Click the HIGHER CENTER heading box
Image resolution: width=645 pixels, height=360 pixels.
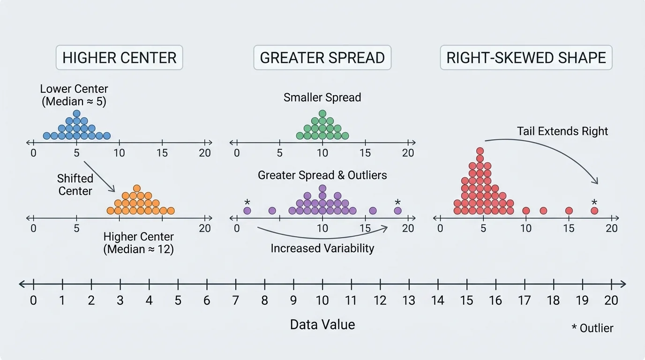point(120,58)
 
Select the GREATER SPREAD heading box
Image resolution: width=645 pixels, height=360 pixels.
point(322,58)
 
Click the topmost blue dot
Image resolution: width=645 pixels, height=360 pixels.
point(76,113)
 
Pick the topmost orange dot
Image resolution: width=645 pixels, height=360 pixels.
point(136,188)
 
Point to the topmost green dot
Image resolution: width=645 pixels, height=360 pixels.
point(322,113)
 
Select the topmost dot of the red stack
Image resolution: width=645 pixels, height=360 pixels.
point(480,151)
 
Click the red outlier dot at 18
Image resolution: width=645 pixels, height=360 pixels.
point(594,211)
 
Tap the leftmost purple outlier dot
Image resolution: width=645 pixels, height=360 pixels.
point(247,211)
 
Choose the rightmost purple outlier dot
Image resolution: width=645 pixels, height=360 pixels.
point(397,211)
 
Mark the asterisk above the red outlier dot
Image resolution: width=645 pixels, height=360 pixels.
point(594,202)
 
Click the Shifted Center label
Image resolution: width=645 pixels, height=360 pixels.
point(75,185)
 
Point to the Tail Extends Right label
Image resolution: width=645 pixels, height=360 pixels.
point(562,131)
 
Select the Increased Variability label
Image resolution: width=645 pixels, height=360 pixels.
point(322,248)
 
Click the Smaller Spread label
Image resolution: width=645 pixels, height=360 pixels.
point(322,97)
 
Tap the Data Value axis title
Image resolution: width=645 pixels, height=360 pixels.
point(322,324)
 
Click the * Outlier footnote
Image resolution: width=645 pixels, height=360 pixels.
point(592,328)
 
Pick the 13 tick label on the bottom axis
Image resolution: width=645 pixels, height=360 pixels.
point(409,300)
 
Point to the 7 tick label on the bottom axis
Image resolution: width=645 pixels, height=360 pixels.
point(235,300)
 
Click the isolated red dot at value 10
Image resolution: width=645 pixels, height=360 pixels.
point(526,211)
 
